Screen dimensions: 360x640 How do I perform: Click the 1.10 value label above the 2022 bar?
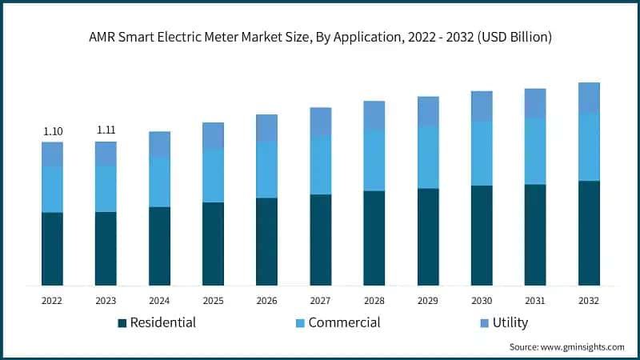52,131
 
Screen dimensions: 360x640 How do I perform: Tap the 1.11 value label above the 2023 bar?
106,130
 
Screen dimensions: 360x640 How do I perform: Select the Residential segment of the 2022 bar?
52,249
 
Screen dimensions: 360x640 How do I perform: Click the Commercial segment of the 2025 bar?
213,175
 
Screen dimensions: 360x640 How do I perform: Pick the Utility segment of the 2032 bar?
589,98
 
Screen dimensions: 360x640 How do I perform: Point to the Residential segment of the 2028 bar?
374,238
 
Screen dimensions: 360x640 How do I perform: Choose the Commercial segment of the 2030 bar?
482,153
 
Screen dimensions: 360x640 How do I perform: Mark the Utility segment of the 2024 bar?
159,144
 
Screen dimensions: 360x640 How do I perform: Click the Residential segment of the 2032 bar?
589,233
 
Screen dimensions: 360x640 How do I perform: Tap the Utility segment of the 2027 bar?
321,121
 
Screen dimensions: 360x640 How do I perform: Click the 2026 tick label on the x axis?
266,301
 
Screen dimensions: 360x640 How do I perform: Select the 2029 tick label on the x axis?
428,301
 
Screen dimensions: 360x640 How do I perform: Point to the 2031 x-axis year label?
535,301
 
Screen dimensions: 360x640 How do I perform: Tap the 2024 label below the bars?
159,301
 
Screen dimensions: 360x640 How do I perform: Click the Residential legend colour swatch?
122,323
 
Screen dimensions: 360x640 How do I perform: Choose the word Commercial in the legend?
344,322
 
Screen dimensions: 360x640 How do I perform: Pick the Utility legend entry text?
510,322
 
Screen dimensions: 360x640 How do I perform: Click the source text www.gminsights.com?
583,347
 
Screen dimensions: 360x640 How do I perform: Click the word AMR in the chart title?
102,37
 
